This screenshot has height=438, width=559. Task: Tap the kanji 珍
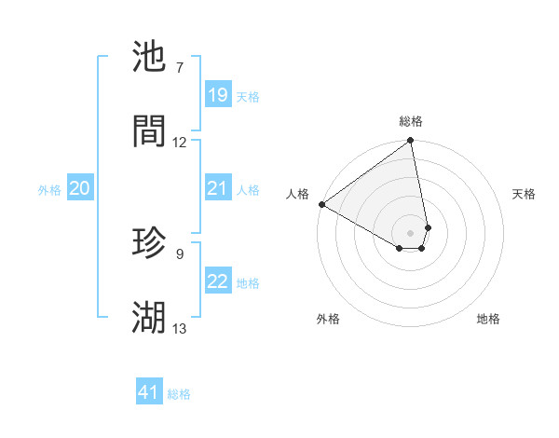(x=149, y=242)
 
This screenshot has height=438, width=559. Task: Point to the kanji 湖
(x=149, y=317)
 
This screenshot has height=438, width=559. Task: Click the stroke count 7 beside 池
(x=180, y=68)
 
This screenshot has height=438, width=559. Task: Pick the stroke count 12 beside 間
(x=180, y=143)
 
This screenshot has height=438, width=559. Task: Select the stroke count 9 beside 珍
(x=180, y=253)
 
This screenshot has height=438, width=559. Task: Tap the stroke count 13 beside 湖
(x=180, y=328)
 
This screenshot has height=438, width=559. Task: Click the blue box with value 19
(x=217, y=95)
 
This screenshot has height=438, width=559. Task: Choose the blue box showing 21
(x=217, y=188)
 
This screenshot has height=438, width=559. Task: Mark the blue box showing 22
(x=217, y=281)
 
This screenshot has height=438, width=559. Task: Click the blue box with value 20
(x=79, y=188)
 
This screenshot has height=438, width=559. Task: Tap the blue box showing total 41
(x=149, y=392)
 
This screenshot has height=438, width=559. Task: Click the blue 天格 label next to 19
(x=248, y=96)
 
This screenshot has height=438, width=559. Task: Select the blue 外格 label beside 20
(x=49, y=189)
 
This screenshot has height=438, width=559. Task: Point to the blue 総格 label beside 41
(x=179, y=393)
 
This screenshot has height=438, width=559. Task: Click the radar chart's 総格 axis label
(x=411, y=121)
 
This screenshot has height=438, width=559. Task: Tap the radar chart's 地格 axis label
(x=488, y=319)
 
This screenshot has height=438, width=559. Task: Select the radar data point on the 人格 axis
(x=321, y=204)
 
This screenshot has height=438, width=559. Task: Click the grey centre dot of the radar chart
(x=410, y=232)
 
